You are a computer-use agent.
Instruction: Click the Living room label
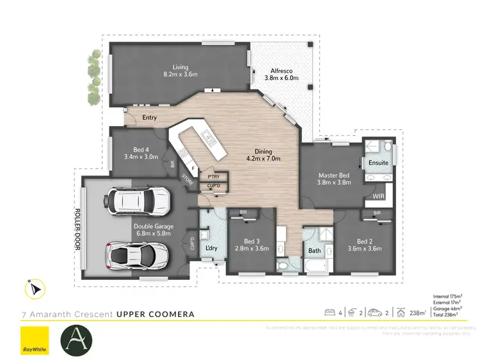pos(179,66)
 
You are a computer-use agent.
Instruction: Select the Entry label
pos(149,117)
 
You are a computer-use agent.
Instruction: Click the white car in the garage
pos(140,201)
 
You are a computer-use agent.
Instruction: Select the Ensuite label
pos(378,163)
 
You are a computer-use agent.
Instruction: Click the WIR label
pos(378,196)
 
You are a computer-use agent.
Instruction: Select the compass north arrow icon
pos(35,289)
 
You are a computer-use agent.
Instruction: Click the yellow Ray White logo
pos(35,340)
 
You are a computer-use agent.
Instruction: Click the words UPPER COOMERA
pos(156,315)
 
